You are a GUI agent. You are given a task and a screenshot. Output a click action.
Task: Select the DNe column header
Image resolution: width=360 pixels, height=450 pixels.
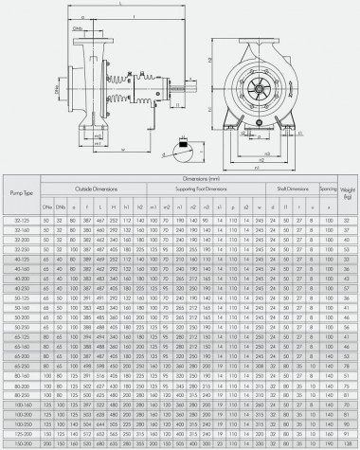pos(45,206)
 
